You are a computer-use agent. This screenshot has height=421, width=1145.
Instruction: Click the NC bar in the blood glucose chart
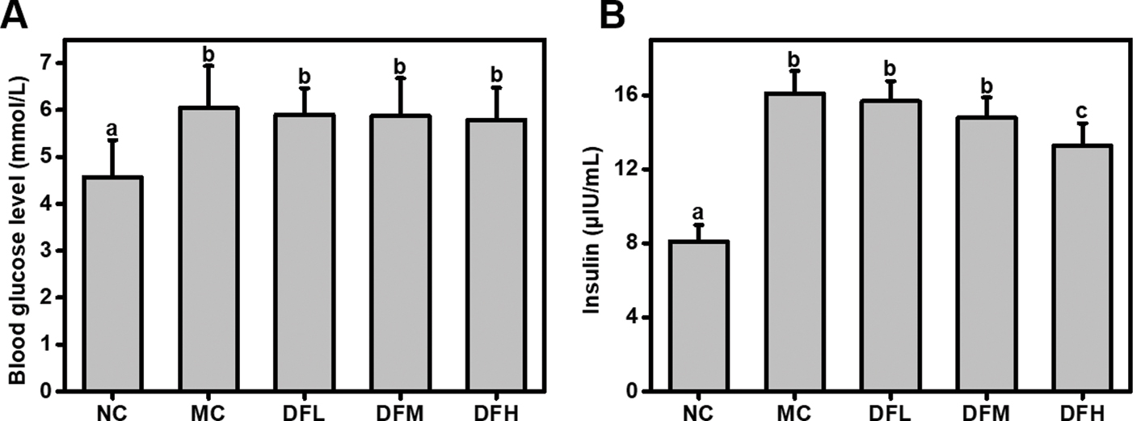[x=113, y=283]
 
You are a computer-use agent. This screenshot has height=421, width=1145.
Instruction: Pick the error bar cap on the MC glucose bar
[x=209, y=65]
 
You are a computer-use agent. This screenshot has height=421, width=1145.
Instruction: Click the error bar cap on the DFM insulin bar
[x=987, y=97]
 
